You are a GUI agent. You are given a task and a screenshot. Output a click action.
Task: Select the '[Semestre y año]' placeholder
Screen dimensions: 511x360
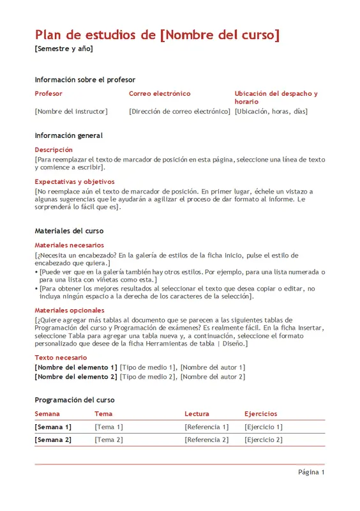(x=64, y=49)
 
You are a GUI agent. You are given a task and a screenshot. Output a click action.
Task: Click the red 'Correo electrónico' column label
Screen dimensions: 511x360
(x=160, y=94)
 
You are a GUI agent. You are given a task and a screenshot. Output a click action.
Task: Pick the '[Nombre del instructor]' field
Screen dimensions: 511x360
(x=71, y=111)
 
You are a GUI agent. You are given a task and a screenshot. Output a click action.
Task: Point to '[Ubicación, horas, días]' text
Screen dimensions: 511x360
(x=271, y=111)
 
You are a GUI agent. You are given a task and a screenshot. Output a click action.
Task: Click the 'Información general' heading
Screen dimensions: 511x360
(x=68, y=135)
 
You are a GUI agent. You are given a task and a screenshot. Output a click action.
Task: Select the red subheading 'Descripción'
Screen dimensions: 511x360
(x=54, y=149)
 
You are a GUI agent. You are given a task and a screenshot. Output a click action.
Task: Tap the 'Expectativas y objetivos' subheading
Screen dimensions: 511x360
(x=74, y=181)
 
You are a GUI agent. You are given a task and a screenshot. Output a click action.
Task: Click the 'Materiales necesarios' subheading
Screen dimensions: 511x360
(x=69, y=245)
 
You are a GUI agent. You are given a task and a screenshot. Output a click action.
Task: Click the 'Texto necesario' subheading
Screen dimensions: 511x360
(x=61, y=358)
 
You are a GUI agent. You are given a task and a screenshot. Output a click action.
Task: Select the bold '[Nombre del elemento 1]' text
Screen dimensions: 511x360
(x=76, y=367)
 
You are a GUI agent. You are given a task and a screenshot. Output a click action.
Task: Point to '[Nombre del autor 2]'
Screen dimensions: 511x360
(x=213, y=377)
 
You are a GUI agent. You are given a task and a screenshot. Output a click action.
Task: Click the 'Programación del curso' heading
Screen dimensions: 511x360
(x=75, y=400)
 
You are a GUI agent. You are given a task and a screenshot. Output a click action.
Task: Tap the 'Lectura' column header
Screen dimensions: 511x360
(x=197, y=414)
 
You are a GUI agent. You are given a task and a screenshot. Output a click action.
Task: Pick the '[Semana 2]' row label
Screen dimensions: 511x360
(x=53, y=439)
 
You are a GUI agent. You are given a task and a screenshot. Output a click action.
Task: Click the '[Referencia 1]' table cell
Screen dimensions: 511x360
(x=206, y=427)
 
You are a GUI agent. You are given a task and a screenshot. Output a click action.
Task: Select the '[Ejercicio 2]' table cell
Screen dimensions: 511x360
(x=263, y=439)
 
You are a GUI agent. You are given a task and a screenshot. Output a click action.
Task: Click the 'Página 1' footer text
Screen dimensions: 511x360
(x=311, y=473)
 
